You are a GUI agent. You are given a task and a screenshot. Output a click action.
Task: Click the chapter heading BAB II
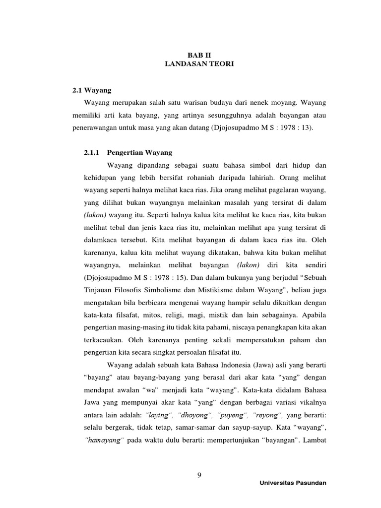pyautogui.click(x=198, y=57)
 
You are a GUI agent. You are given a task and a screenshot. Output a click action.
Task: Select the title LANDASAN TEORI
pyautogui.click(x=198, y=65)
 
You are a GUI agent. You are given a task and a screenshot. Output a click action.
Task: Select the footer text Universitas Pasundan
pyautogui.click(x=293, y=483)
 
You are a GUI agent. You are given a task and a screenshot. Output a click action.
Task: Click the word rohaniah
pyautogui.click(x=196, y=178)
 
